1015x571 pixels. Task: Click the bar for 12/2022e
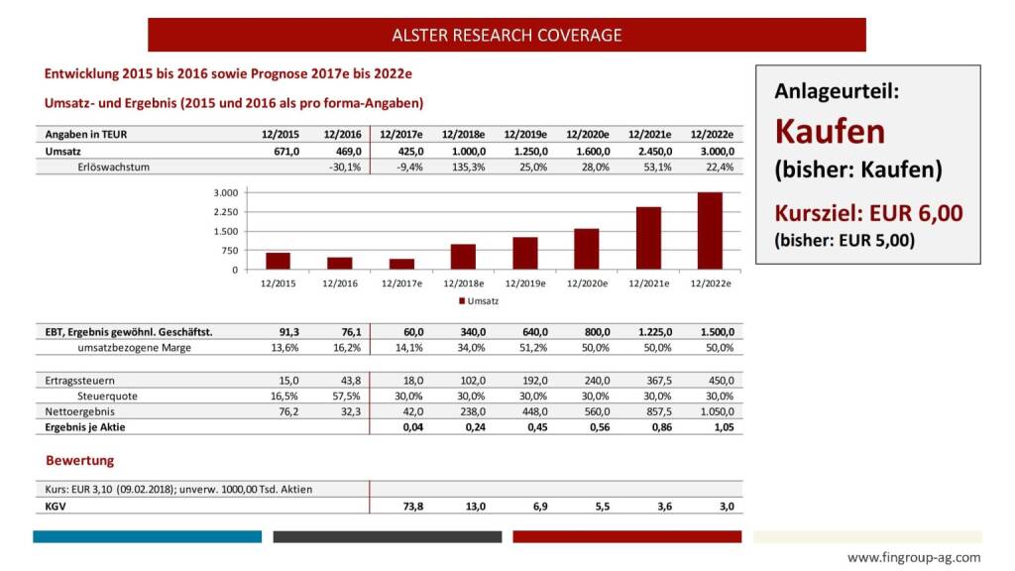[x=710, y=231]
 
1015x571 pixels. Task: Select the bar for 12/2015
[x=278, y=261]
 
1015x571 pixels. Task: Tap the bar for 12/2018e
[x=463, y=257]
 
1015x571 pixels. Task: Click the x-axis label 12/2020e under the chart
[x=587, y=284]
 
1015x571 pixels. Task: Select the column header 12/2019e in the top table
[x=525, y=134]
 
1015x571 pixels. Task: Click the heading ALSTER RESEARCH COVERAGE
[x=507, y=35]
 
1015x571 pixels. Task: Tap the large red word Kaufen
[x=830, y=131]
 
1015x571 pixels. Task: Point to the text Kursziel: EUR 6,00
[x=868, y=212]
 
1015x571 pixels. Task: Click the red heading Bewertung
[x=79, y=460]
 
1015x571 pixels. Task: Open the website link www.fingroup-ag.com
[x=914, y=557]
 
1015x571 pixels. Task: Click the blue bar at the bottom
[x=147, y=536]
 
